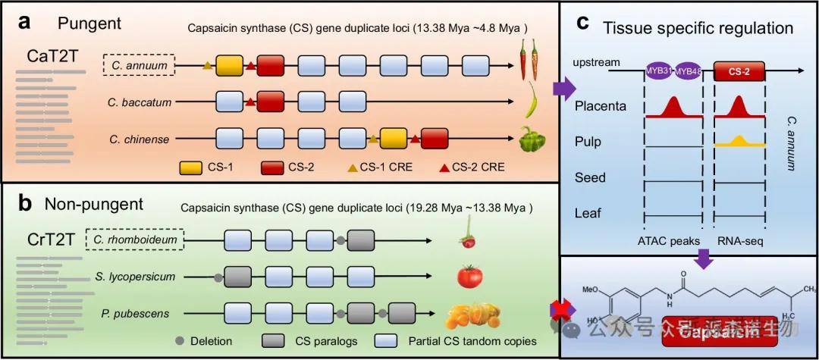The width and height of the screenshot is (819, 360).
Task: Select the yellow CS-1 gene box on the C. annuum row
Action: coord(229,67)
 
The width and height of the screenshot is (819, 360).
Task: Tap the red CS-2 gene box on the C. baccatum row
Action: coord(270,101)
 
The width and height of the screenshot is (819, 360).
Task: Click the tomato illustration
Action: coord(470,276)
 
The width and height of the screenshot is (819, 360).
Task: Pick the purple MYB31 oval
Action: coord(659,71)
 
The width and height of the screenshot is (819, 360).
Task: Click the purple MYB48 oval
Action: coord(688,71)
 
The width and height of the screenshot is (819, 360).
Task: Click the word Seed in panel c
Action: coord(589,177)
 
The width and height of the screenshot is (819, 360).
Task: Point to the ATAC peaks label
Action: coord(673,242)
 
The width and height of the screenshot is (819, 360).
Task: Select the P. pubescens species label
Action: coord(138,312)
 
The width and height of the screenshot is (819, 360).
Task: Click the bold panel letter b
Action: coord(24,205)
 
